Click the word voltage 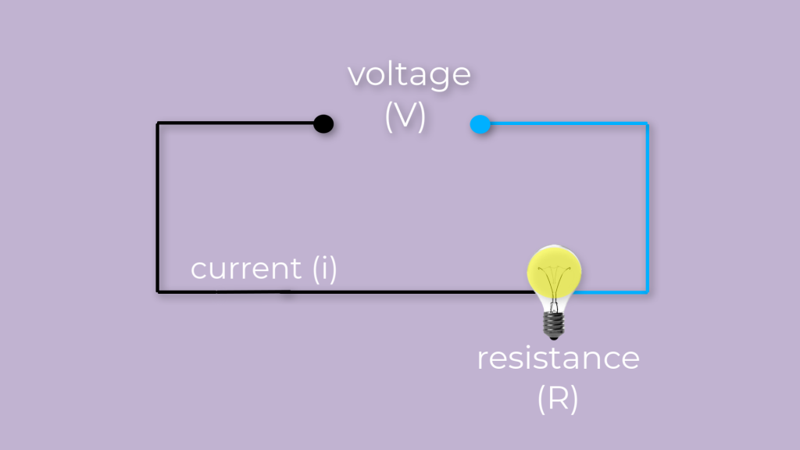click(x=409, y=76)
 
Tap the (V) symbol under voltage click(x=405, y=116)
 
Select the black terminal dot click(x=323, y=123)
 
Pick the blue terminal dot click(x=480, y=124)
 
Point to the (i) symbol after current click(x=324, y=269)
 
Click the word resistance click(x=558, y=359)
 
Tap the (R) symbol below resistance click(x=558, y=399)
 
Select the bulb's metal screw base click(x=554, y=323)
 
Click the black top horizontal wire click(x=234, y=123)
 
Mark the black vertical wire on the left click(x=158, y=207)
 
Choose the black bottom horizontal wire click(x=352, y=291)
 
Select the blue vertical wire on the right click(x=647, y=207)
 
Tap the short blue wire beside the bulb click(x=613, y=291)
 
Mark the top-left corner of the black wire click(x=158, y=123)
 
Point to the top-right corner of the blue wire click(x=647, y=123)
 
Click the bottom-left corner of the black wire click(x=158, y=291)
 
